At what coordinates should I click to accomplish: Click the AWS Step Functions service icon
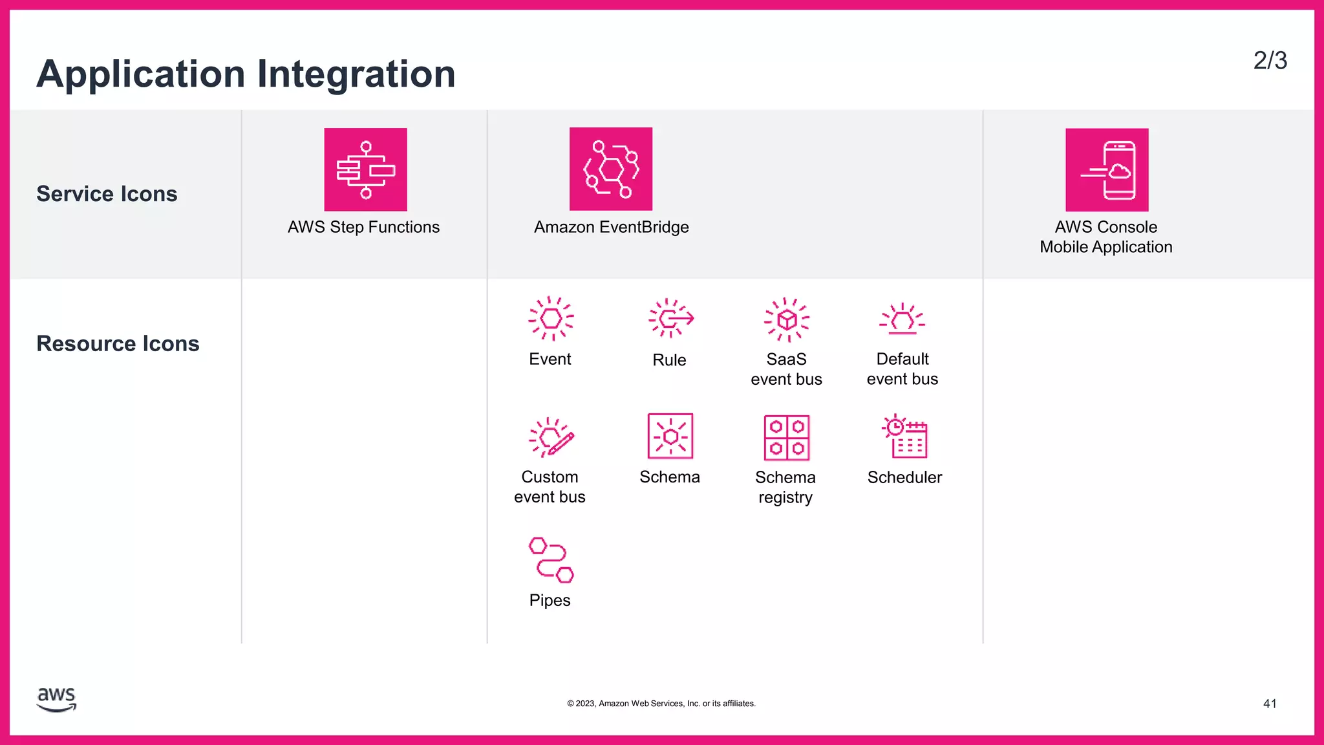tap(365, 169)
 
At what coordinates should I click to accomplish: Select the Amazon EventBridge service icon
tap(610, 169)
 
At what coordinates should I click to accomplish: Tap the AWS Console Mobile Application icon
tap(1107, 169)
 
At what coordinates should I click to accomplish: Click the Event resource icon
tap(551, 318)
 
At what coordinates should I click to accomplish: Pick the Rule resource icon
tap(670, 318)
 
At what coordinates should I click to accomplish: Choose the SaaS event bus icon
tap(787, 319)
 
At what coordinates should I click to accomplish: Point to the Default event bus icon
tap(902, 319)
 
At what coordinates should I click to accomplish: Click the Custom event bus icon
tap(551, 437)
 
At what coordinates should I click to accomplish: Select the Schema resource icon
tap(670, 437)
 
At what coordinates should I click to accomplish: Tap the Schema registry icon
tap(787, 438)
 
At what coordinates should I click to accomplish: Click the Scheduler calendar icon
tap(905, 437)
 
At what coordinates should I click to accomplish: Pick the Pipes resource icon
tap(551, 559)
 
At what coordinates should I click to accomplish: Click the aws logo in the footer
tap(57, 699)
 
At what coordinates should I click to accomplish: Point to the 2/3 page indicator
tap(1270, 61)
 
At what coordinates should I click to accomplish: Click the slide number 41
tap(1270, 704)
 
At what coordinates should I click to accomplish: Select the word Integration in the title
tap(356, 74)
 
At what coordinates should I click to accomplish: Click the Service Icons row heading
tap(107, 194)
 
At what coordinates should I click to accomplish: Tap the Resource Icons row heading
tap(118, 343)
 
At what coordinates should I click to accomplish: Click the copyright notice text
tap(661, 704)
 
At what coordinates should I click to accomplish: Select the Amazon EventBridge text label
tap(611, 227)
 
